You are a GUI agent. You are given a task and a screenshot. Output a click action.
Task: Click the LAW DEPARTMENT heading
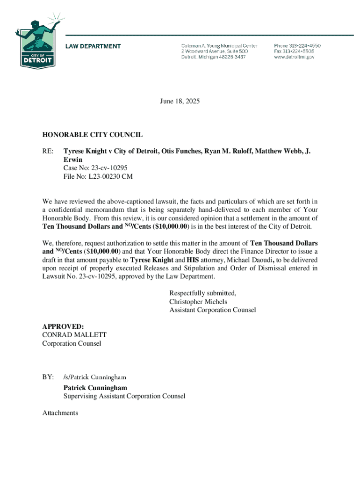pos(93,46)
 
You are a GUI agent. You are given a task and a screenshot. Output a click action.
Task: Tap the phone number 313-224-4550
pos(297,46)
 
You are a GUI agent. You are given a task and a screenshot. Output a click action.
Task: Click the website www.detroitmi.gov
pos(294,57)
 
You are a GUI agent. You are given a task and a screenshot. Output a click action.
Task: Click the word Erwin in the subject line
pos(73,160)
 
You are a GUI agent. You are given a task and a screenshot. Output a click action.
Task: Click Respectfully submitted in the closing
pos(202,293)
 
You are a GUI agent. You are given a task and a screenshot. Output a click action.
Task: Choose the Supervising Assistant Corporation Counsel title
pos(124,396)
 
